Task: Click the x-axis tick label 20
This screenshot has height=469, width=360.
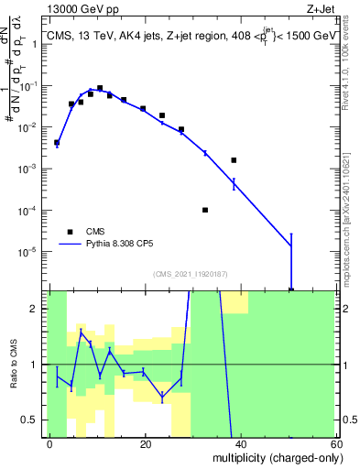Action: [145, 443]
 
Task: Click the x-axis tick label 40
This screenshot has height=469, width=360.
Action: [240, 443]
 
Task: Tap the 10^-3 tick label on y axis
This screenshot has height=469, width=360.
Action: [33, 169]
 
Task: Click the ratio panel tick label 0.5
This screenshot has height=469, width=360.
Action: [34, 420]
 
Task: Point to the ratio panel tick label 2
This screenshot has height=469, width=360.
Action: [38, 309]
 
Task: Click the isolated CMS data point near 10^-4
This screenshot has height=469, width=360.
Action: [205, 210]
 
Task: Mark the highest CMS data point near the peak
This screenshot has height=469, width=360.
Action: [100, 88]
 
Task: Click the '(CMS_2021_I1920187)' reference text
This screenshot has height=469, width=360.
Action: [190, 273]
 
